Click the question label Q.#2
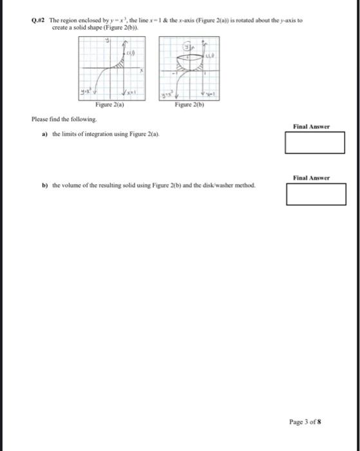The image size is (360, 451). pyautogui.click(x=38, y=21)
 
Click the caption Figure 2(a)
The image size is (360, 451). pyautogui.click(x=109, y=105)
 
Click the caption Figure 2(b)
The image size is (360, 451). pyautogui.click(x=188, y=105)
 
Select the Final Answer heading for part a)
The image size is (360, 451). pyautogui.click(x=311, y=127)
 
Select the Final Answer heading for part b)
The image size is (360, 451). pyautogui.click(x=311, y=178)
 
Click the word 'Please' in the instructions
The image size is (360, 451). pyautogui.click(x=40, y=120)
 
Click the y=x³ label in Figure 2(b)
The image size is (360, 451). pyautogui.click(x=167, y=95)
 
